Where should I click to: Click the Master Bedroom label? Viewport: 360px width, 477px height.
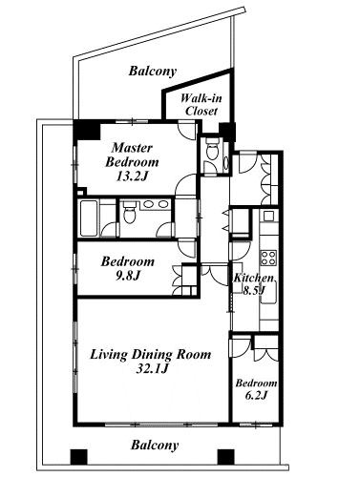(132, 155)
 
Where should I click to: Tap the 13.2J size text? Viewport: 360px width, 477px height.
(132, 176)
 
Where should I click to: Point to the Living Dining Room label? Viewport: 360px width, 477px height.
(151, 354)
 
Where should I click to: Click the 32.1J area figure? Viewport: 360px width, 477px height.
(152, 369)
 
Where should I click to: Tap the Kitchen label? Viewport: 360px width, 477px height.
(254, 278)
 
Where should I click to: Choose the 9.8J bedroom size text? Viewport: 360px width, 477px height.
(127, 276)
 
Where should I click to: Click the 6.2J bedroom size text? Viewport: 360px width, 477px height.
(256, 395)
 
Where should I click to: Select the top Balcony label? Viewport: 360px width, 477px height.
(153, 71)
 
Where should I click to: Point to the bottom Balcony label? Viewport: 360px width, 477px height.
(155, 445)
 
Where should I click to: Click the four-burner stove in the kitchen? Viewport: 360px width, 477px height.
(268, 258)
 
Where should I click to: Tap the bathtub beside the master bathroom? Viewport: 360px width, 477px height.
(89, 218)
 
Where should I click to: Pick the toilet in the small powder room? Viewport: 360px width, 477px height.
(212, 149)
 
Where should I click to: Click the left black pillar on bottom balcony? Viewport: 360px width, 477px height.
(78, 457)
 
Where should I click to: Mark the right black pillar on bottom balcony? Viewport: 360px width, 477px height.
(226, 457)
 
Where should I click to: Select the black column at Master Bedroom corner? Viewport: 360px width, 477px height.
(87, 131)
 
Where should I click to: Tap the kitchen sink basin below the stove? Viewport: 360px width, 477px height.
(268, 293)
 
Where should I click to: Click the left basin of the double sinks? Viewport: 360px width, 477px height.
(148, 204)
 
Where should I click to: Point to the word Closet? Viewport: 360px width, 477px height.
(201, 111)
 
